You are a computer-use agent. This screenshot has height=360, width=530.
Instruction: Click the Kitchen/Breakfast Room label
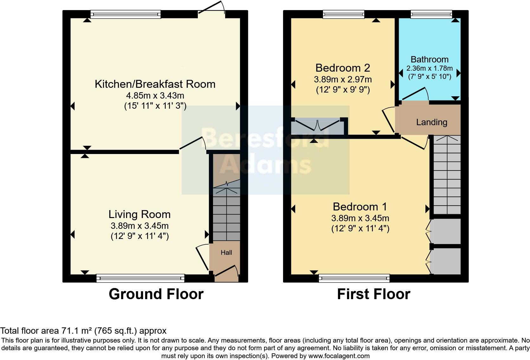click(x=155, y=84)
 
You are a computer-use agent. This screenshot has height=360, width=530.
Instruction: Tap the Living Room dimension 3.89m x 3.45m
click(x=139, y=226)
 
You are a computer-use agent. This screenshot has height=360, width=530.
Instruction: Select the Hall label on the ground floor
click(x=226, y=253)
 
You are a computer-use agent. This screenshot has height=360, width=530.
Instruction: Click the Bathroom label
click(x=430, y=59)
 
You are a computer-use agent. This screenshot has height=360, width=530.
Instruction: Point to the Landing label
click(x=431, y=122)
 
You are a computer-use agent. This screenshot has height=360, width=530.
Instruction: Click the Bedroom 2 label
click(x=343, y=68)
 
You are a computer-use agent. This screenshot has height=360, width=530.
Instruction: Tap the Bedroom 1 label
click(x=360, y=207)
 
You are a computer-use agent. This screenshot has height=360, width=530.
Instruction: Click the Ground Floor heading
click(x=156, y=294)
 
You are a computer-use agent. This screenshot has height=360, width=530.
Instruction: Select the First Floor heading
click(x=373, y=294)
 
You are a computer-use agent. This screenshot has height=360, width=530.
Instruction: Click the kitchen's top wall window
click(x=126, y=14)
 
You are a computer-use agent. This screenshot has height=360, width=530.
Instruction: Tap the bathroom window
click(x=431, y=14)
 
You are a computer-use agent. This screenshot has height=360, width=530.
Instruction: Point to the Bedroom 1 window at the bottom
click(x=354, y=278)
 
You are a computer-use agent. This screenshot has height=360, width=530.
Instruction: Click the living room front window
click(x=140, y=278)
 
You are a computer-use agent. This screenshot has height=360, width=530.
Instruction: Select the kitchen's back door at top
click(x=211, y=10)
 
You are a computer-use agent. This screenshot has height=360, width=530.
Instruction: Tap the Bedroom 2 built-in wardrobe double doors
click(x=317, y=125)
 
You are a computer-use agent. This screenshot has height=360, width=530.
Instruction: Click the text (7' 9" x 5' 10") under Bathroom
click(x=430, y=76)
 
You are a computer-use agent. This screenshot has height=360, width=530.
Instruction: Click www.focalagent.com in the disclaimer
click(x=339, y=356)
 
